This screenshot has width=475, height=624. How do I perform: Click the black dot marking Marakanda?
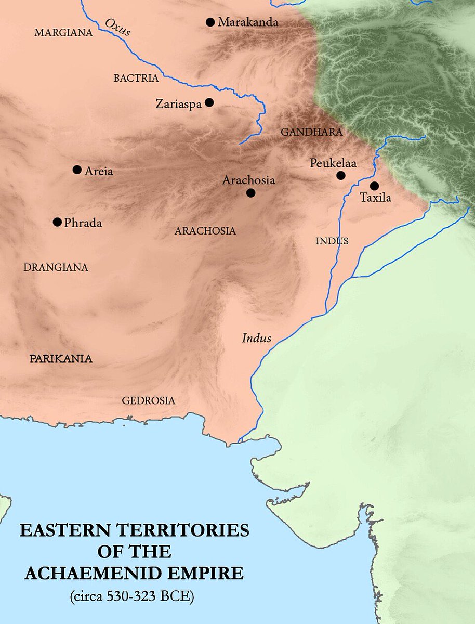point(210,22)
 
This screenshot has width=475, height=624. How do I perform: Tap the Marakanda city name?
point(248,22)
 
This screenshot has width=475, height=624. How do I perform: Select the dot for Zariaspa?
point(209,103)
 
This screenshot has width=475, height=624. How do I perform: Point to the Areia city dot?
point(77,170)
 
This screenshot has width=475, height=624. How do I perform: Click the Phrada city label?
point(83,223)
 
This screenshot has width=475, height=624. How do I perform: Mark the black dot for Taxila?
point(374,186)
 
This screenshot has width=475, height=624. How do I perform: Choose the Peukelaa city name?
point(333,163)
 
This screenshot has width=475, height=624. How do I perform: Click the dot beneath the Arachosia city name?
point(250,193)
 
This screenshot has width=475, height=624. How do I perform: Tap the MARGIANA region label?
point(63,33)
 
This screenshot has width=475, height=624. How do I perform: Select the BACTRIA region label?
point(136,79)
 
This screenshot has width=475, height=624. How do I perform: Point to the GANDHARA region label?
point(312,133)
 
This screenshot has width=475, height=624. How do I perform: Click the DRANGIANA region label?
point(56,268)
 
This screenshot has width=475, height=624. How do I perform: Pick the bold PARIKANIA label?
point(61,359)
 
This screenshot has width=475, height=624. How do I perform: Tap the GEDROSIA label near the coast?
point(149,401)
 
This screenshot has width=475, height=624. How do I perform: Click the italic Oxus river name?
point(118,27)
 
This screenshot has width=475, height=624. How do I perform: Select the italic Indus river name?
point(257,339)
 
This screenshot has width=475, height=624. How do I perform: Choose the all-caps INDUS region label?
point(332,241)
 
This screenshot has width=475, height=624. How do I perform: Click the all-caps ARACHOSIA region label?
point(205,231)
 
